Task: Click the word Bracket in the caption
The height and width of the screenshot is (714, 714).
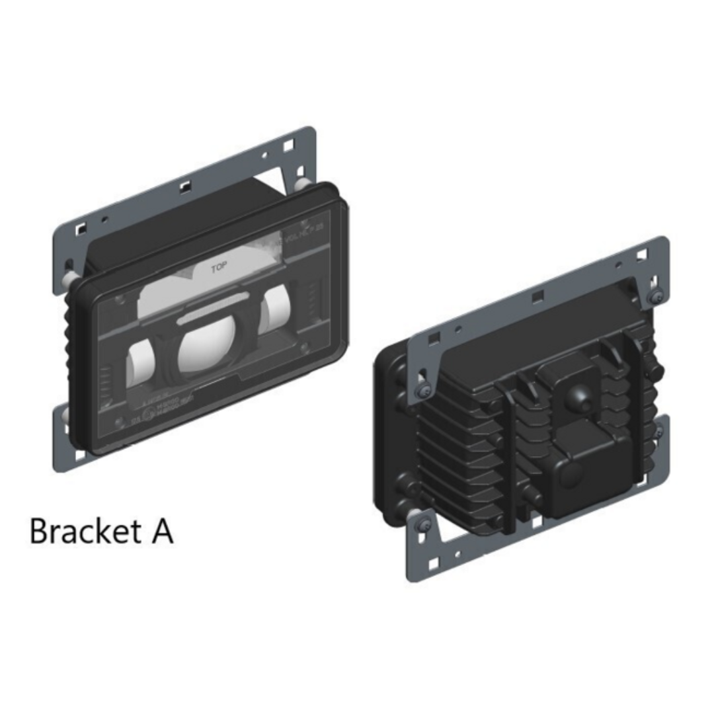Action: click(x=82, y=531)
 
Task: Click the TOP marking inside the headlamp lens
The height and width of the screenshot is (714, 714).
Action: click(x=219, y=269)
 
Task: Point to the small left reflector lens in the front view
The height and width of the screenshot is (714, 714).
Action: click(x=140, y=364)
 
